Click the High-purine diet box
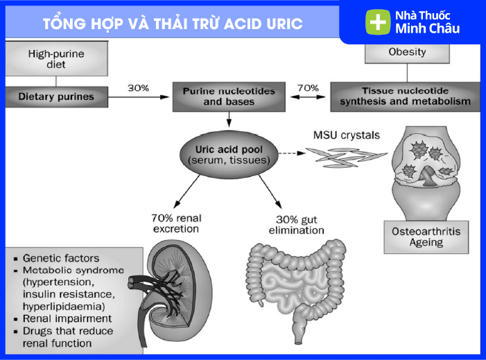tap(56, 59)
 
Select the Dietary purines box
tap(56, 96)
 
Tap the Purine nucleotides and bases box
tap(228, 96)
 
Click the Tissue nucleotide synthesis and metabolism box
tap(405, 96)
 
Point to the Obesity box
tap(407, 52)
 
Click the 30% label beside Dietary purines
tap(139, 88)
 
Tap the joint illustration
tap(426, 173)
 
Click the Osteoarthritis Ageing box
tap(426, 237)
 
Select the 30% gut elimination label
tap(295, 225)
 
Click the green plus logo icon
tap(377, 22)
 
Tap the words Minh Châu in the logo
tap(427, 29)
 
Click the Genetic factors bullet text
tap(61, 258)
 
